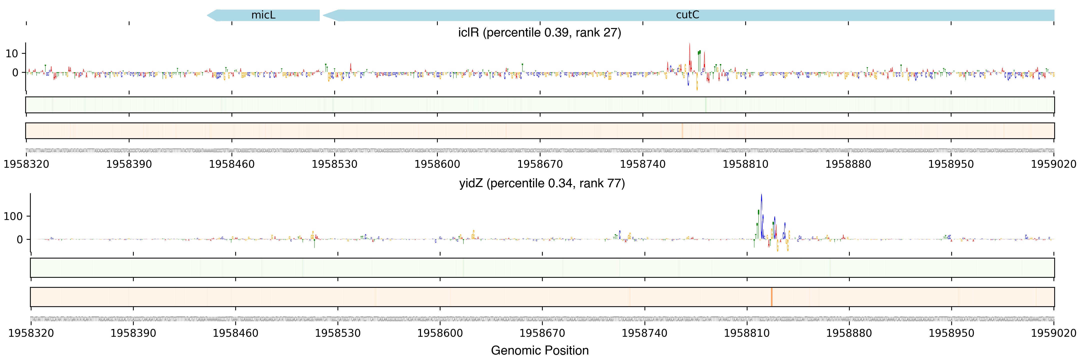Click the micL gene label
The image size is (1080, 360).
click(263, 15)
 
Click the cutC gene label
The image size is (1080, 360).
click(687, 15)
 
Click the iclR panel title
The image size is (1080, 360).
click(539, 33)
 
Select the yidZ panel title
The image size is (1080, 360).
click(542, 183)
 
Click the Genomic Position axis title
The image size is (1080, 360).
click(539, 350)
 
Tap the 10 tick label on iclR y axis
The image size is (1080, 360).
click(12, 54)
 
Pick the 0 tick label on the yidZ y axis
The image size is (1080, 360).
click(20, 240)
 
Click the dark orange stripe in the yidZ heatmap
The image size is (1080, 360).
click(771, 297)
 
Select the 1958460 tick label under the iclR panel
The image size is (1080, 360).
click(231, 164)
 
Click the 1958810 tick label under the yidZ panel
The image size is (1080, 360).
click(747, 333)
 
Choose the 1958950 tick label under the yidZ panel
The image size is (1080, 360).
click(951, 333)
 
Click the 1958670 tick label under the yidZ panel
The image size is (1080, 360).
click(542, 333)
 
